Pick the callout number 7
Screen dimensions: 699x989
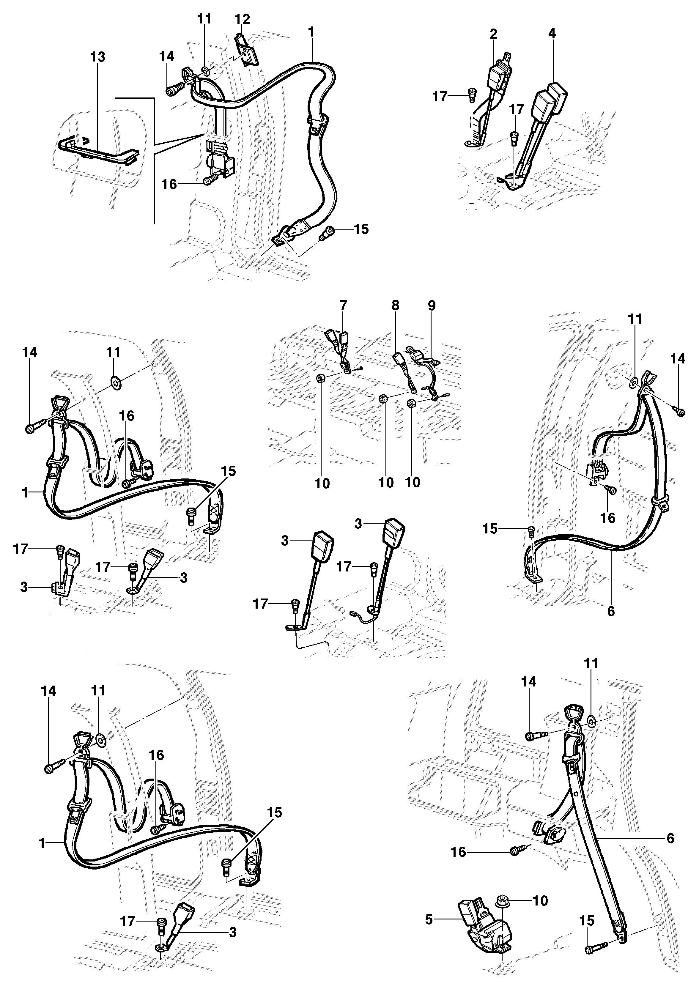click(x=343, y=305)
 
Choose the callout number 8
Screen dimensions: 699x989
click(x=395, y=305)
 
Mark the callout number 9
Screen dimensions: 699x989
click(x=432, y=305)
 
